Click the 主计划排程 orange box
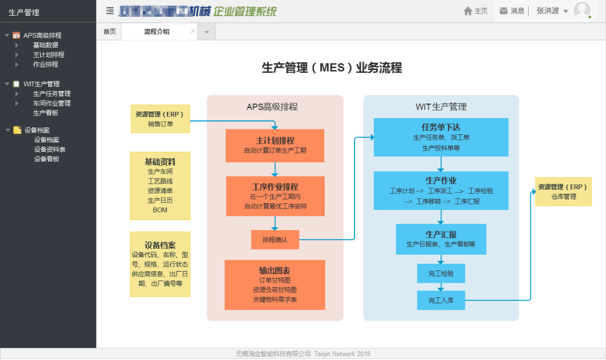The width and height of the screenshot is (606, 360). [275, 145]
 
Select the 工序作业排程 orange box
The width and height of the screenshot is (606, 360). [275, 196]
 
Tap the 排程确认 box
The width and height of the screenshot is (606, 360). [275, 240]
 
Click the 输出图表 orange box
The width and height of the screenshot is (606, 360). [275, 284]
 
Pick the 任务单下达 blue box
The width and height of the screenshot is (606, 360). [441, 137]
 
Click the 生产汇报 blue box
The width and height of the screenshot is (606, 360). [441, 239]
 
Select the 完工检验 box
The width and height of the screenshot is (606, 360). [441, 274]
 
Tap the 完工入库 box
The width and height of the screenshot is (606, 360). [441, 300]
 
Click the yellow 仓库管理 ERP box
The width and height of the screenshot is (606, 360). [563, 191]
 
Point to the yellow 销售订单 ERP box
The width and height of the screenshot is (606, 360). [160, 119]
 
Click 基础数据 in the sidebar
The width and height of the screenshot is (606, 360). [45, 45]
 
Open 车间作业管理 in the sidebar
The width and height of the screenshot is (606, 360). [52, 103]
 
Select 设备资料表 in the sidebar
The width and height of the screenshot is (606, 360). [49, 149]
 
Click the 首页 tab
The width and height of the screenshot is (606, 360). [109, 32]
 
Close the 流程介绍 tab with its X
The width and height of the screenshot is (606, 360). [193, 32]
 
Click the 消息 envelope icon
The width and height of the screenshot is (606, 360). [504, 11]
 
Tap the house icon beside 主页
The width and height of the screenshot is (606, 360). [468, 11]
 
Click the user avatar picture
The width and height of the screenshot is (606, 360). [582, 11]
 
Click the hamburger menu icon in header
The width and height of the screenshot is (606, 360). [110, 11]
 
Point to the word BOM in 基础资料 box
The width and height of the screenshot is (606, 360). [160, 211]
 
